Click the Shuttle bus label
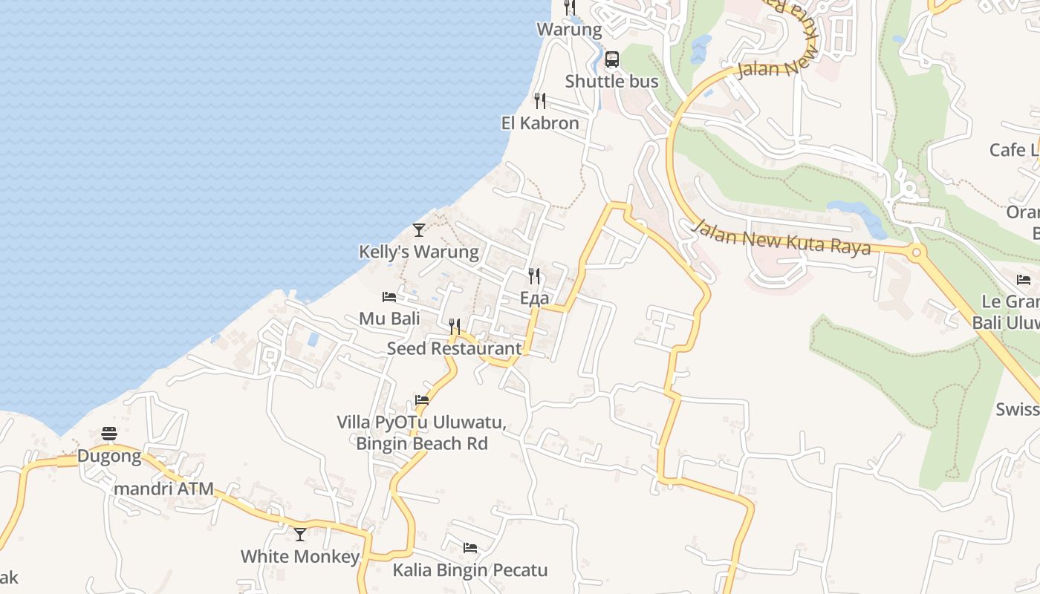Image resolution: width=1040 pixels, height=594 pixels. pos(611,82)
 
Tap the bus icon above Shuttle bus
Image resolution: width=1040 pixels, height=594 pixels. pos(612,59)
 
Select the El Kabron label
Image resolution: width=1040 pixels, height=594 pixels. pos(540,123)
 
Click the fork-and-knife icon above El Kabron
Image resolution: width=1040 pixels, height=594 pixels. pos(540,101)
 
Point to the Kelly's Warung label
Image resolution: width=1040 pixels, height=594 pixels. pos(419,252)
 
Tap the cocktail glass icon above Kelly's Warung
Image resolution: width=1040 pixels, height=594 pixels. pos(419,230)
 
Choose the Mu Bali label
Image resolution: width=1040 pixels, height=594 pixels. pos(389,319)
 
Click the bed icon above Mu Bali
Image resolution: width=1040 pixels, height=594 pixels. pos(389,297)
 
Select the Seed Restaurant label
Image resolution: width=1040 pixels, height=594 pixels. pos(455,348)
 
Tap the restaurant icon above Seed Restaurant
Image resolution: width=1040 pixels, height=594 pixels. pos(455,327)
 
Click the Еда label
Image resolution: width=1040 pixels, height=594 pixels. pos(534,298)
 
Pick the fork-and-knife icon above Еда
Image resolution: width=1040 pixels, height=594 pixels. pos(534,276)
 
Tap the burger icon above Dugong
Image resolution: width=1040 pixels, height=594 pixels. pos(109,434)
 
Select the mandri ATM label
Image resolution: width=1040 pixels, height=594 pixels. pos(163,489)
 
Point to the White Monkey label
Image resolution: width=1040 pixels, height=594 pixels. pos(300,556)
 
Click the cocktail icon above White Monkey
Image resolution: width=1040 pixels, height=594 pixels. pos(300,535)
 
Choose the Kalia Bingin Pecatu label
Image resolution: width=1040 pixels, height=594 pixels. pos(470,570)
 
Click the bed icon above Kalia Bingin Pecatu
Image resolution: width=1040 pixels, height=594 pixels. pos(470,548)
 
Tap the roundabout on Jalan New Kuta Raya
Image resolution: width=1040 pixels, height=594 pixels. pos(916,253)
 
